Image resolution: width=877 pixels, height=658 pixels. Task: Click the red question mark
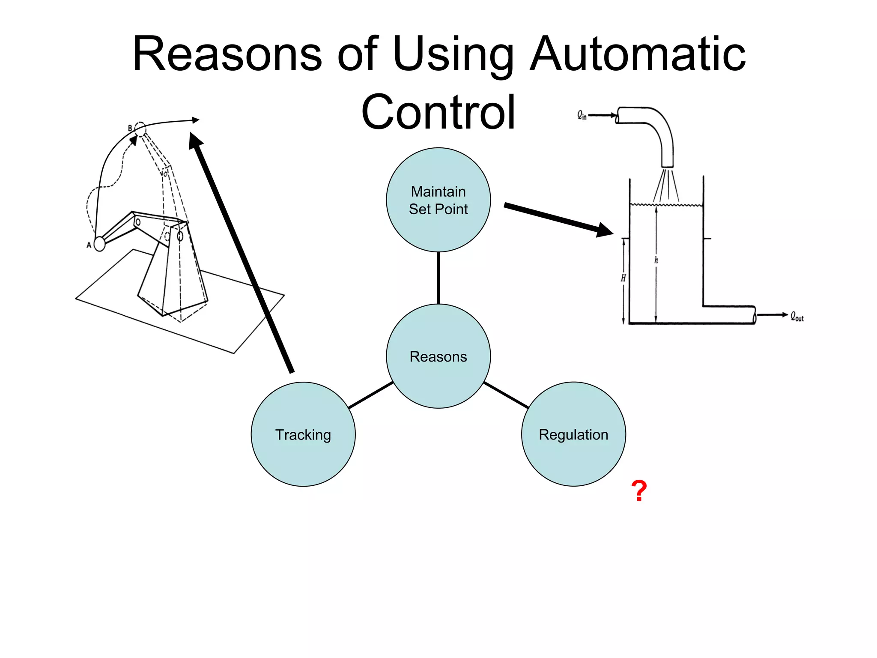tap(639, 491)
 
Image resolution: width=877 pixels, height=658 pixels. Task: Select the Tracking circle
tap(303, 434)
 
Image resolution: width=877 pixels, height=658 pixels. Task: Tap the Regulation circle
tap(573, 434)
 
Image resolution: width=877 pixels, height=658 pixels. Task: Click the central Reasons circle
tap(438, 356)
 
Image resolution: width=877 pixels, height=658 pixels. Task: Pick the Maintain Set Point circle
tap(438, 200)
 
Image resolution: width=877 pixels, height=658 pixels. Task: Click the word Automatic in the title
tap(638, 54)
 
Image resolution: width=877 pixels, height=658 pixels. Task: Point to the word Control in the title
tap(438, 112)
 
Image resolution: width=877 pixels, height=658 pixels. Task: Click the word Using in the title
tap(453, 55)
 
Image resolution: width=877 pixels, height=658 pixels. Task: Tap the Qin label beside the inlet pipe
tap(582, 115)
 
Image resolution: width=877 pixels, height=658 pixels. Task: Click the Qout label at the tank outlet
tap(797, 317)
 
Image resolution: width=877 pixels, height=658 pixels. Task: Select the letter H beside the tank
tap(623, 278)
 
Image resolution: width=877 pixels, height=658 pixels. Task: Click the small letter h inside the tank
tap(656, 260)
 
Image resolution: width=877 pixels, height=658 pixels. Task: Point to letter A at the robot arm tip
tap(89, 245)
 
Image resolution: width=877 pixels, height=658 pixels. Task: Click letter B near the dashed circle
tap(130, 128)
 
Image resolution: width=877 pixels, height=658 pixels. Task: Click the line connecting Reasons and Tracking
tap(371, 395)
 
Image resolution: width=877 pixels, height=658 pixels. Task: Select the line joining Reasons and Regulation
tap(506, 395)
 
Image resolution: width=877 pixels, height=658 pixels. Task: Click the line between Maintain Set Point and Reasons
tap(438, 278)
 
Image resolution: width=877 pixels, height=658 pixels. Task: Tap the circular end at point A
tap(99, 244)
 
